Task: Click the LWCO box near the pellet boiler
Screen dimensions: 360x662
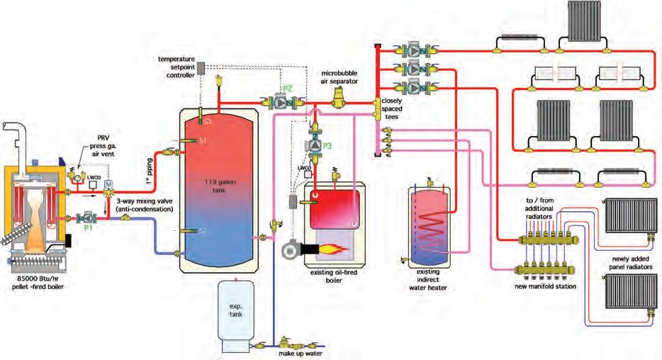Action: [92, 184]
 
